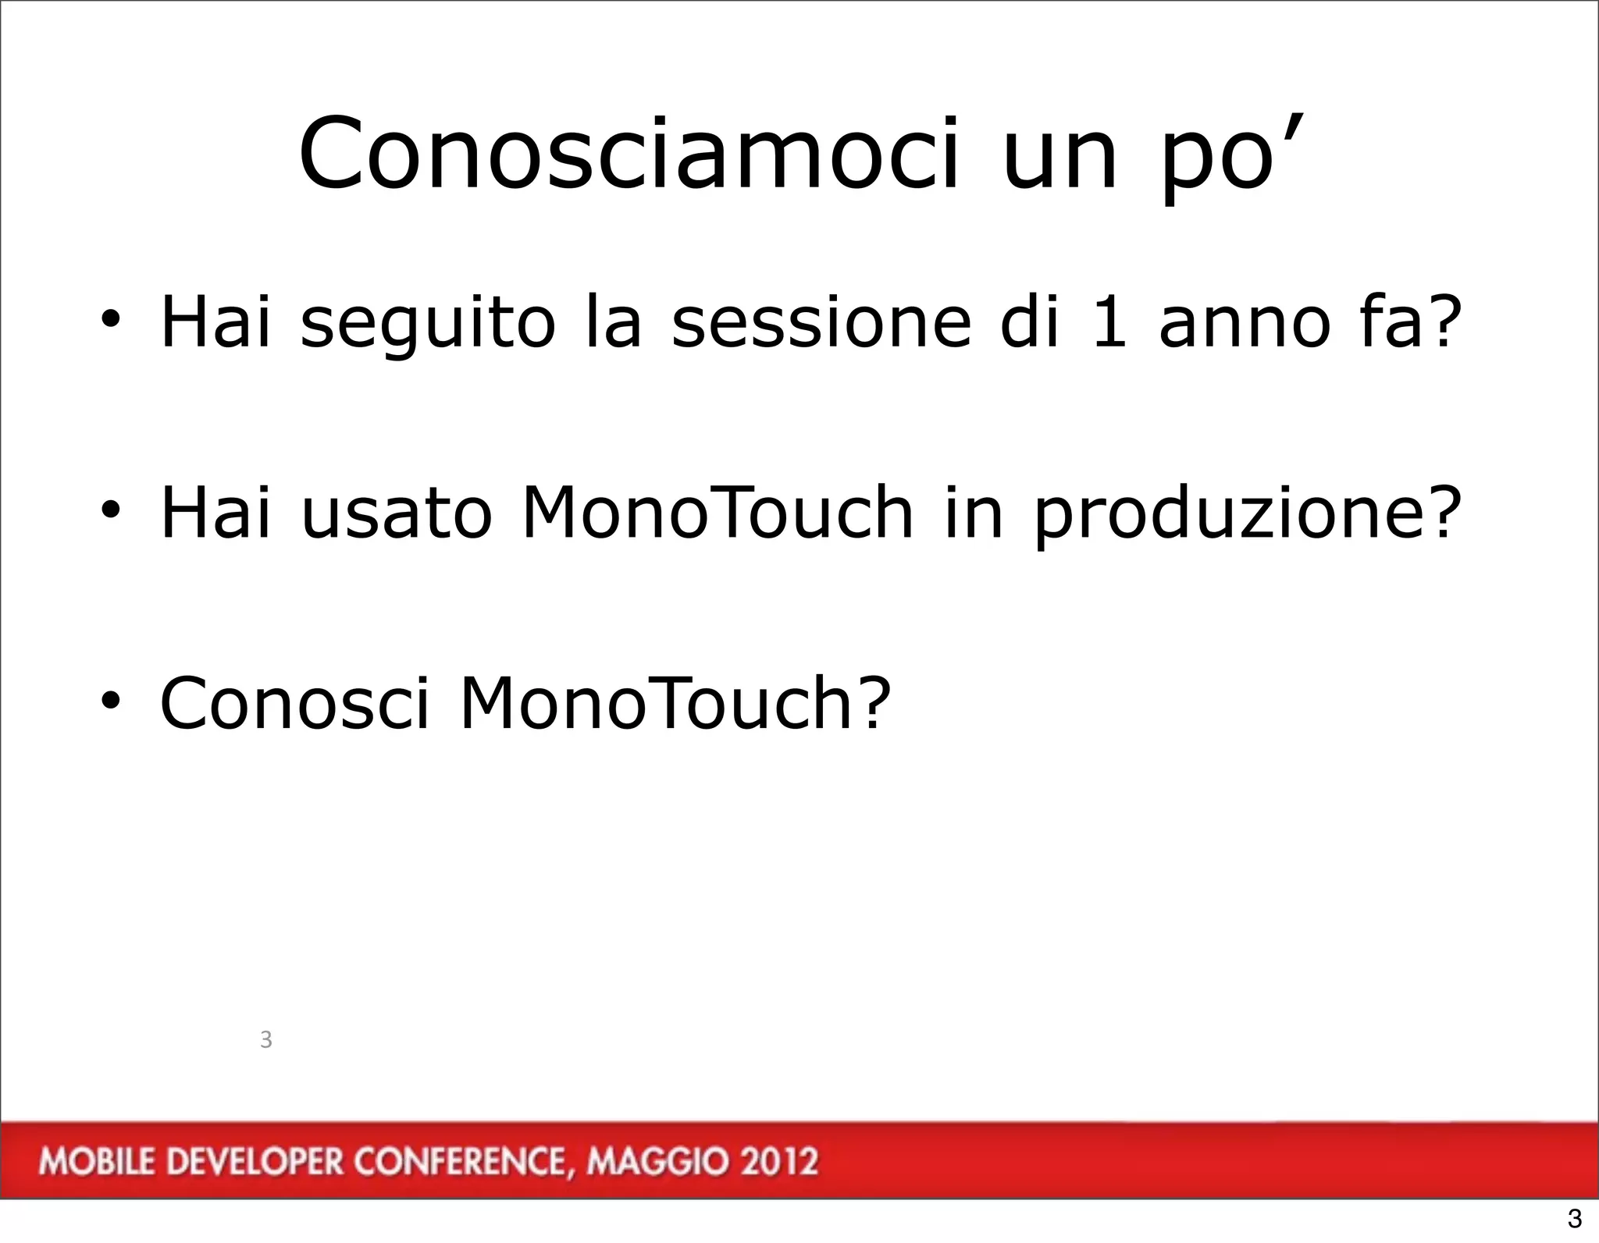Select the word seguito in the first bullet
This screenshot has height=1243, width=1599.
(x=427, y=323)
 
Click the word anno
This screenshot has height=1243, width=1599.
(x=1245, y=323)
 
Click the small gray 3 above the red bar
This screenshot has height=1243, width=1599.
(x=265, y=1039)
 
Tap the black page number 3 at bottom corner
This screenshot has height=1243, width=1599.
(x=1574, y=1217)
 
